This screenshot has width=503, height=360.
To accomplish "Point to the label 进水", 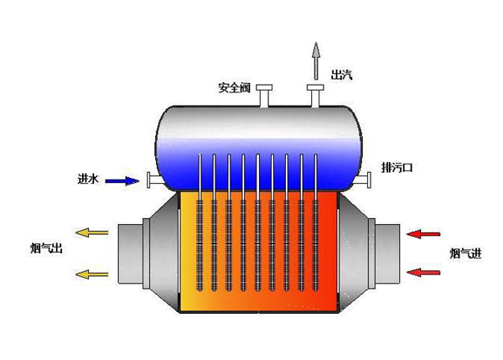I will point(88,180).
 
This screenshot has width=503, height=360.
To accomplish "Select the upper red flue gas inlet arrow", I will point(423,234).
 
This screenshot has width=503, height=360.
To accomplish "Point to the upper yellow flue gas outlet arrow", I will point(91,234).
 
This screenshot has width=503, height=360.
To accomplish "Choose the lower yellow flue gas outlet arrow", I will point(91,273).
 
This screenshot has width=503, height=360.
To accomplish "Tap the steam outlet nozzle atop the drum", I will point(317,94).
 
